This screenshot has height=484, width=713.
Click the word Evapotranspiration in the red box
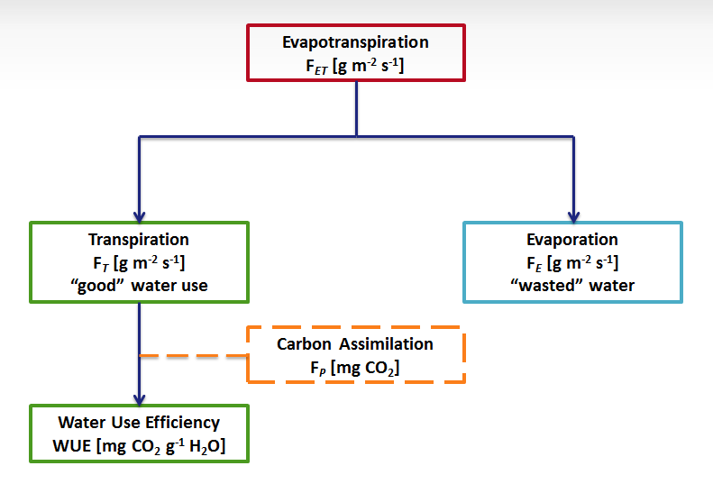pos(356,42)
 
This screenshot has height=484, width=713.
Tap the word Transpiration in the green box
pos(139,240)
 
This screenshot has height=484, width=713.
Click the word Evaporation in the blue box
pos(572,240)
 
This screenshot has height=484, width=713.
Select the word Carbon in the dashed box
pos(305,344)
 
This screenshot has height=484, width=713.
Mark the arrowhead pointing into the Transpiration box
pos(139,216)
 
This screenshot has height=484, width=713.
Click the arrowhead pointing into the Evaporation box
pos(573,216)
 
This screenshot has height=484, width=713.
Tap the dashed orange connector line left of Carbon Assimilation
pos(194,356)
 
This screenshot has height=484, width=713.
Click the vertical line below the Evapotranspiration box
pos(357,108)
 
